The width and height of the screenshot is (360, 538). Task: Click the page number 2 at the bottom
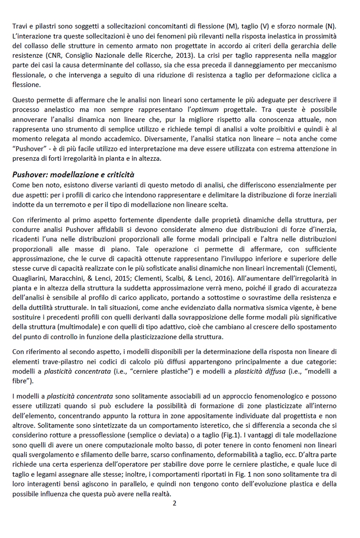[174, 503]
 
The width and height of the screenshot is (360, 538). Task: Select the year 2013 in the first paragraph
[184, 55]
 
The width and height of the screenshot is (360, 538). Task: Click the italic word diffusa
[275, 371]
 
